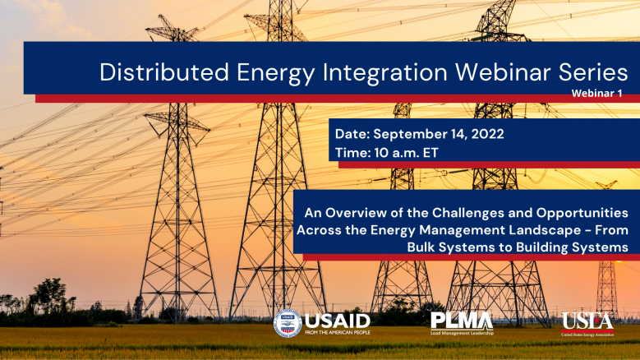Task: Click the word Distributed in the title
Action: [164, 72]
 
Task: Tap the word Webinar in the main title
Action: [503, 72]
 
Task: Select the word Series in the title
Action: [593, 72]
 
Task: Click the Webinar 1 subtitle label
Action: [596, 94]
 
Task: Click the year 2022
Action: [487, 134]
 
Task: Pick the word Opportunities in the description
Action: [582, 213]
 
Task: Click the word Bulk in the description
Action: [418, 247]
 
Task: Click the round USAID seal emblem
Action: [288, 324]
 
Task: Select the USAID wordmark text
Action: [338, 321]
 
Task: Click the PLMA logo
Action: [462, 323]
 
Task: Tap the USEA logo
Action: [587, 324]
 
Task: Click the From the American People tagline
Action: [338, 333]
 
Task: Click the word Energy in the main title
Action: [276, 73]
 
